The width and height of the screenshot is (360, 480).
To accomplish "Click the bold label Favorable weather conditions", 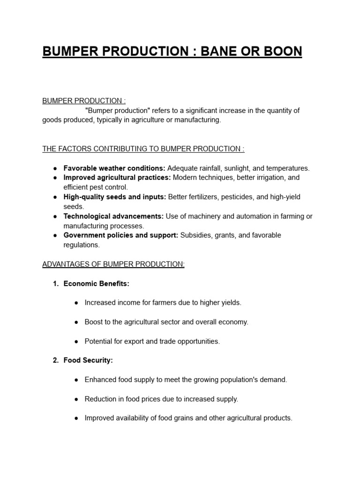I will click(x=114, y=168).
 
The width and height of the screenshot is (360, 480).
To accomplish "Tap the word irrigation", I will click(x=266, y=178).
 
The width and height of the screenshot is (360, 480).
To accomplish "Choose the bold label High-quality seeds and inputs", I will click(x=115, y=197).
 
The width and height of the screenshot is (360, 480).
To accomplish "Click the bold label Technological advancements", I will click(x=113, y=216).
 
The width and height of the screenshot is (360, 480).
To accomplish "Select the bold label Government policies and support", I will click(x=121, y=235).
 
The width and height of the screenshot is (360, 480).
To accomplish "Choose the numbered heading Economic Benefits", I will click(x=96, y=284).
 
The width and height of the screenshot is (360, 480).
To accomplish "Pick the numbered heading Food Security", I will click(x=88, y=360).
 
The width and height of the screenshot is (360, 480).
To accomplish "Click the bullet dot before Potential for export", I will click(x=76, y=341).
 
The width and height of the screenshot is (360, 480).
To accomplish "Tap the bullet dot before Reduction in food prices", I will click(x=76, y=399).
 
